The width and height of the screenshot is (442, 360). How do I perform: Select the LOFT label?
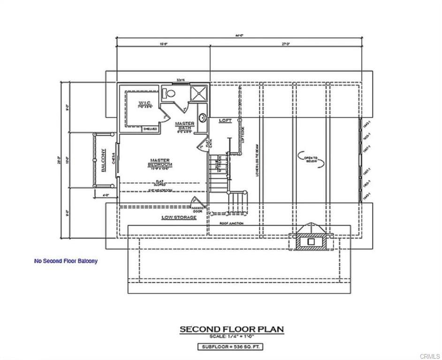point(225,121)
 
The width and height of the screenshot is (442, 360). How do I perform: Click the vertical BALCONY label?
point(103,161)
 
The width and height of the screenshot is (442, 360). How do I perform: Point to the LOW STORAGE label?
point(179,217)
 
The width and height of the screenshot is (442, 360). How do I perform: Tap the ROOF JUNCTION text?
point(232,224)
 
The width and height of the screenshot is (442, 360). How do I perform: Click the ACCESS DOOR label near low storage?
point(197,210)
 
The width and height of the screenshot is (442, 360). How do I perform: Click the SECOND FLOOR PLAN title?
point(232,330)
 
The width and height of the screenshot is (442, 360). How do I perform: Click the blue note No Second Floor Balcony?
point(66,261)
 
